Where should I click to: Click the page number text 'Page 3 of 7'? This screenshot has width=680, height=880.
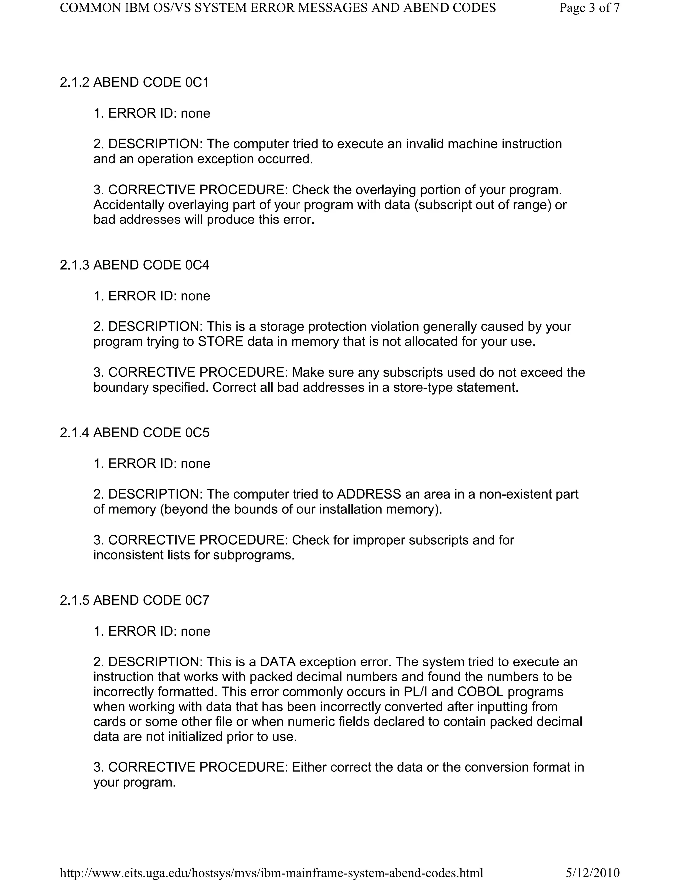[x=589, y=8]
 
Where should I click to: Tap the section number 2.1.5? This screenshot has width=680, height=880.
[x=74, y=600]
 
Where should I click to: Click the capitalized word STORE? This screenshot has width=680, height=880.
[x=220, y=342]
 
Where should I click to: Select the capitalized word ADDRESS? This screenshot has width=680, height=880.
[x=369, y=494]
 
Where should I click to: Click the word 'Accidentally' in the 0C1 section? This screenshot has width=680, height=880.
[x=128, y=205]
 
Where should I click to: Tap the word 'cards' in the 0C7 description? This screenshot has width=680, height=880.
[x=109, y=722]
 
